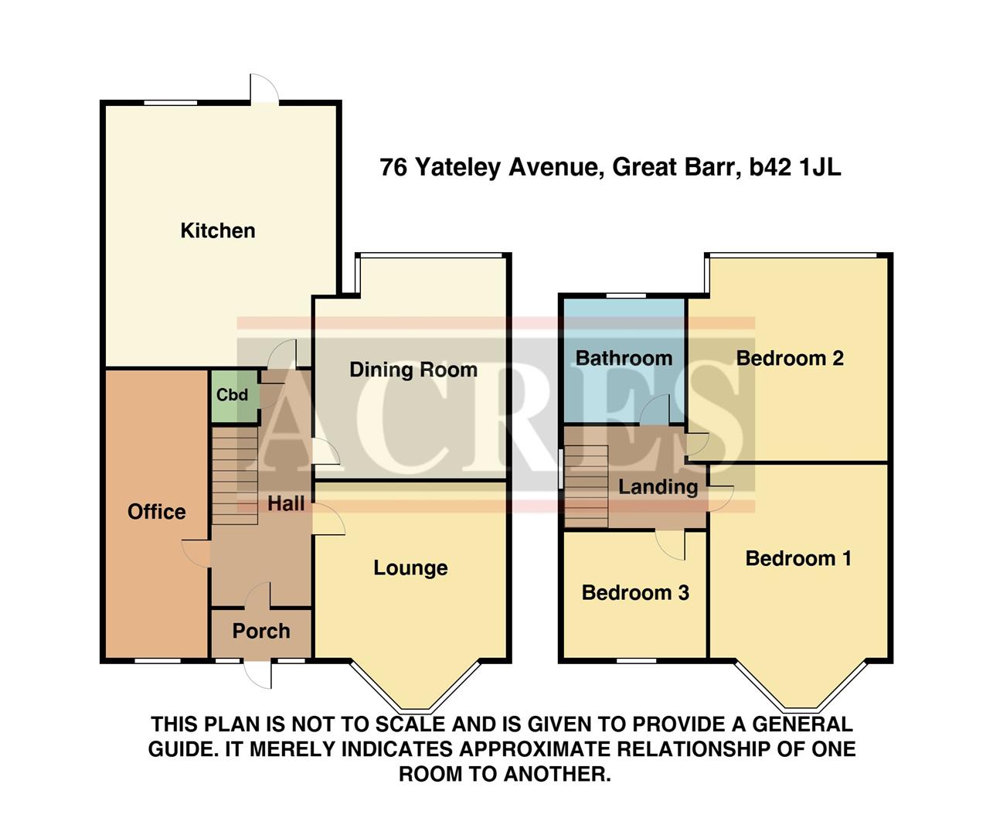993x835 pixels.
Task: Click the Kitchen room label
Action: [217, 230]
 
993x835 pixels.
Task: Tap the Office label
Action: [156, 512]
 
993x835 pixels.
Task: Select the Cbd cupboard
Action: [232, 395]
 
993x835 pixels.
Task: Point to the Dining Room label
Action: [413, 370]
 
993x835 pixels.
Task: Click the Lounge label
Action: [410, 568]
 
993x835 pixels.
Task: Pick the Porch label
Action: [261, 631]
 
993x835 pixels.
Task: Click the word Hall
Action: [286, 503]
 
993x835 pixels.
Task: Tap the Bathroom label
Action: [624, 358]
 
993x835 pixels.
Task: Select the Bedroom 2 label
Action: [789, 358]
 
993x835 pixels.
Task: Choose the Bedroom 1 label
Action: [798, 558]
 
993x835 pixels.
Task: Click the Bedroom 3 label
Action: [635, 593]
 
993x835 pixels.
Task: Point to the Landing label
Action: [658, 487]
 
